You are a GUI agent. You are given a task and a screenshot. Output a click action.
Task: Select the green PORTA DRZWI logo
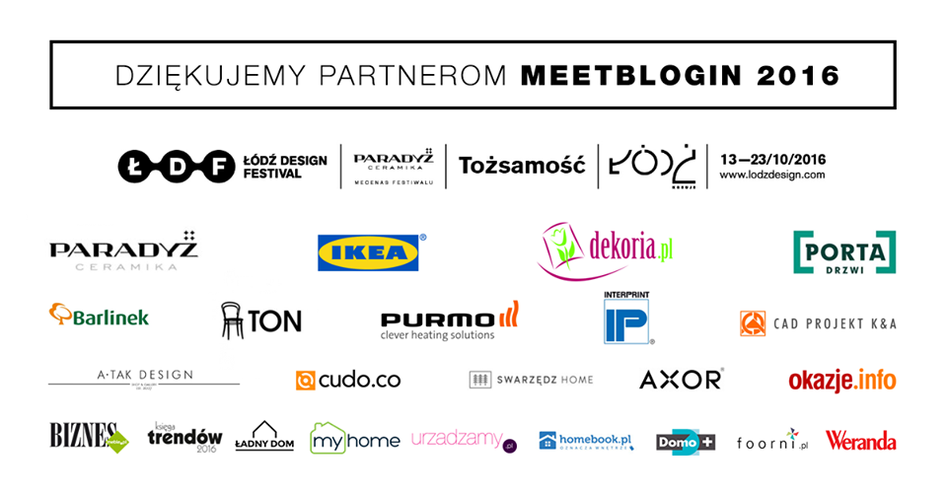pos(844,251)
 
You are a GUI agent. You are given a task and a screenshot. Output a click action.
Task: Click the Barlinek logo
pos(99,316)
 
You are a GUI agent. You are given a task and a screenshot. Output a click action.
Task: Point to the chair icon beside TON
pos(233,318)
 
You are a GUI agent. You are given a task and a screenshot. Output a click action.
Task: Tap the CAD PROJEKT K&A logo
pos(818,323)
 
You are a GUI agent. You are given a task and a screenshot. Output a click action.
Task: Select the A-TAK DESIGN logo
pos(144,377)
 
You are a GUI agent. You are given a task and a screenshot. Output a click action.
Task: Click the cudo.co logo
pos(348,380)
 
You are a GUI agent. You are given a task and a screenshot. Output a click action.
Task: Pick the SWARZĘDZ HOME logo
pos(531,380)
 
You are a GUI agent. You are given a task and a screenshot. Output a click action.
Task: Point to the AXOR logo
pos(681,380)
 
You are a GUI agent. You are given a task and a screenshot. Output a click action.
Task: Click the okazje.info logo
pos(841,380)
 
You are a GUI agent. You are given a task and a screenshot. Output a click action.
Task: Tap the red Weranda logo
pos(860,440)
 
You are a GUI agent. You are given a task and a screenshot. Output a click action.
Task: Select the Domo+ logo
pos(686,442)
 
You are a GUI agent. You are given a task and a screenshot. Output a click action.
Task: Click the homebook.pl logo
pos(585,441)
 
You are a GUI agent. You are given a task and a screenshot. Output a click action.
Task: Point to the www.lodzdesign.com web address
pos(771,175)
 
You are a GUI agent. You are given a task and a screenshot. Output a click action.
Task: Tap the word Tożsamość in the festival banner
pos(522,165)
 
